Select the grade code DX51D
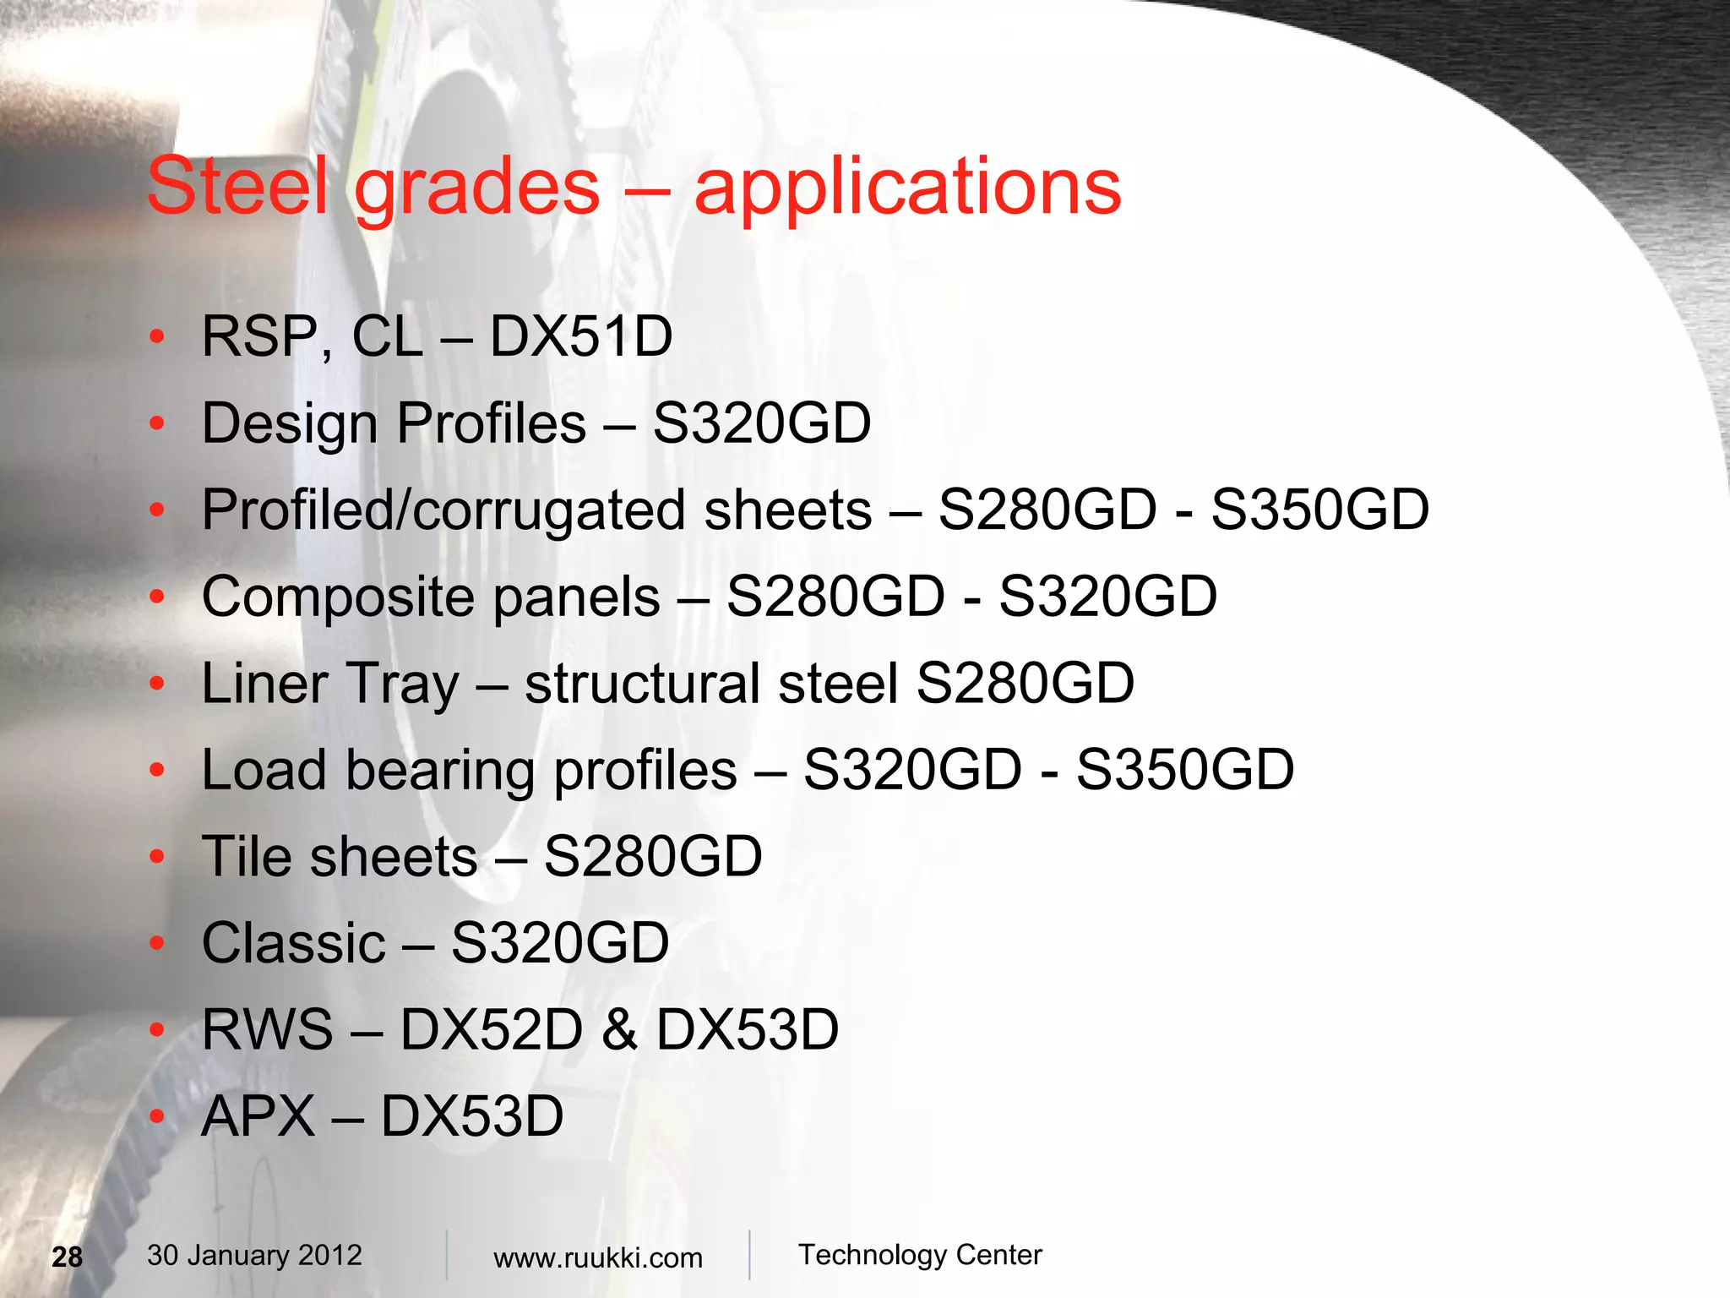click(581, 336)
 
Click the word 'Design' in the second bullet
click(290, 425)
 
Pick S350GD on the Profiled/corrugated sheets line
click(1319, 510)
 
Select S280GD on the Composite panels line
click(835, 597)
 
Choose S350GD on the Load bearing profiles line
click(1184, 770)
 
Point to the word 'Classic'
click(293, 943)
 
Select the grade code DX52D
click(492, 1029)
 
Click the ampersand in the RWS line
click(620, 1029)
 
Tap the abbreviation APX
click(258, 1116)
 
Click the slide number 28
click(68, 1257)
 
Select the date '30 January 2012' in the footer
click(254, 1256)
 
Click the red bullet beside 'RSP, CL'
click(157, 337)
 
